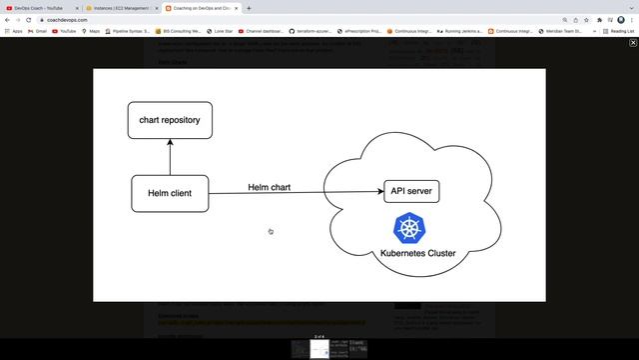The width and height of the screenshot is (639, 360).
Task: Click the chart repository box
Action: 170,121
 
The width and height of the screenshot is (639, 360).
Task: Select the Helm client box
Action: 170,193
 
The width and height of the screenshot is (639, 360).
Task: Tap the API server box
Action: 411,191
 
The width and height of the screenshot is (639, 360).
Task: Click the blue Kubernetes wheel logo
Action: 408,227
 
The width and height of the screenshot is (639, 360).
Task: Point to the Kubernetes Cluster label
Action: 418,253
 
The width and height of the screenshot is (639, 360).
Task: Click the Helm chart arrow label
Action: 270,187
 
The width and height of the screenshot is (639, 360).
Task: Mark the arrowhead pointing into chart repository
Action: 170,143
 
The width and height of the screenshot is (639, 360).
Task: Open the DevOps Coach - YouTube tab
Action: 40,8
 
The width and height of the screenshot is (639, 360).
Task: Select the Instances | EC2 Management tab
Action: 120,8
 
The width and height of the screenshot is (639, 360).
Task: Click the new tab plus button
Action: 249,8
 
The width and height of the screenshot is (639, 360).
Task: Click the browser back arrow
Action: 6,20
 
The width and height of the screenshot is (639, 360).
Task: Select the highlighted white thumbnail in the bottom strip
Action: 319,349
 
